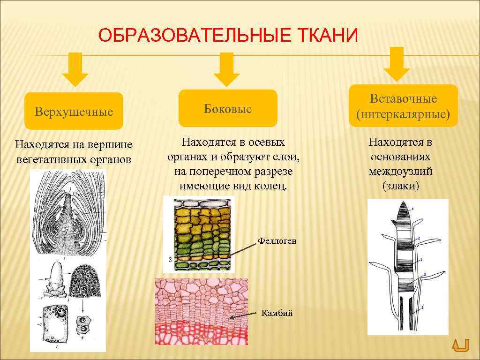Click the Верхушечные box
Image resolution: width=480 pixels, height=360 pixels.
[x=74, y=112]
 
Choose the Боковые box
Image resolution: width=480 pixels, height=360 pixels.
[x=227, y=109]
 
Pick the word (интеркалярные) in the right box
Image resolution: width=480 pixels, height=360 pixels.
[x=403, y=114]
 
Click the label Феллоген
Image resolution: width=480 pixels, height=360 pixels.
[x=277, y=241]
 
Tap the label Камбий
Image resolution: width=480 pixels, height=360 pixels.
[x=277, y=313]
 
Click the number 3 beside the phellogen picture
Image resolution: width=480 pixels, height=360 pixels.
[x=169, y=259]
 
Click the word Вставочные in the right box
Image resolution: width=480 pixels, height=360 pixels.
[x=403, y=99]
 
